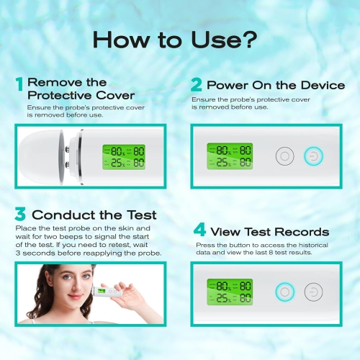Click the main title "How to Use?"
tap(179, 40)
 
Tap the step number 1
tap(19, 84)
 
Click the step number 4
tap(199, 231)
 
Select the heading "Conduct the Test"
tap(94, 215)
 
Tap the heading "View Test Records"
tap(269, 231)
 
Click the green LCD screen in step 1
tap(123, 156)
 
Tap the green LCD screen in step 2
tap(230, 156)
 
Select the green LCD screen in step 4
tap(230, 292)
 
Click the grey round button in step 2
tap(285, 156)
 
